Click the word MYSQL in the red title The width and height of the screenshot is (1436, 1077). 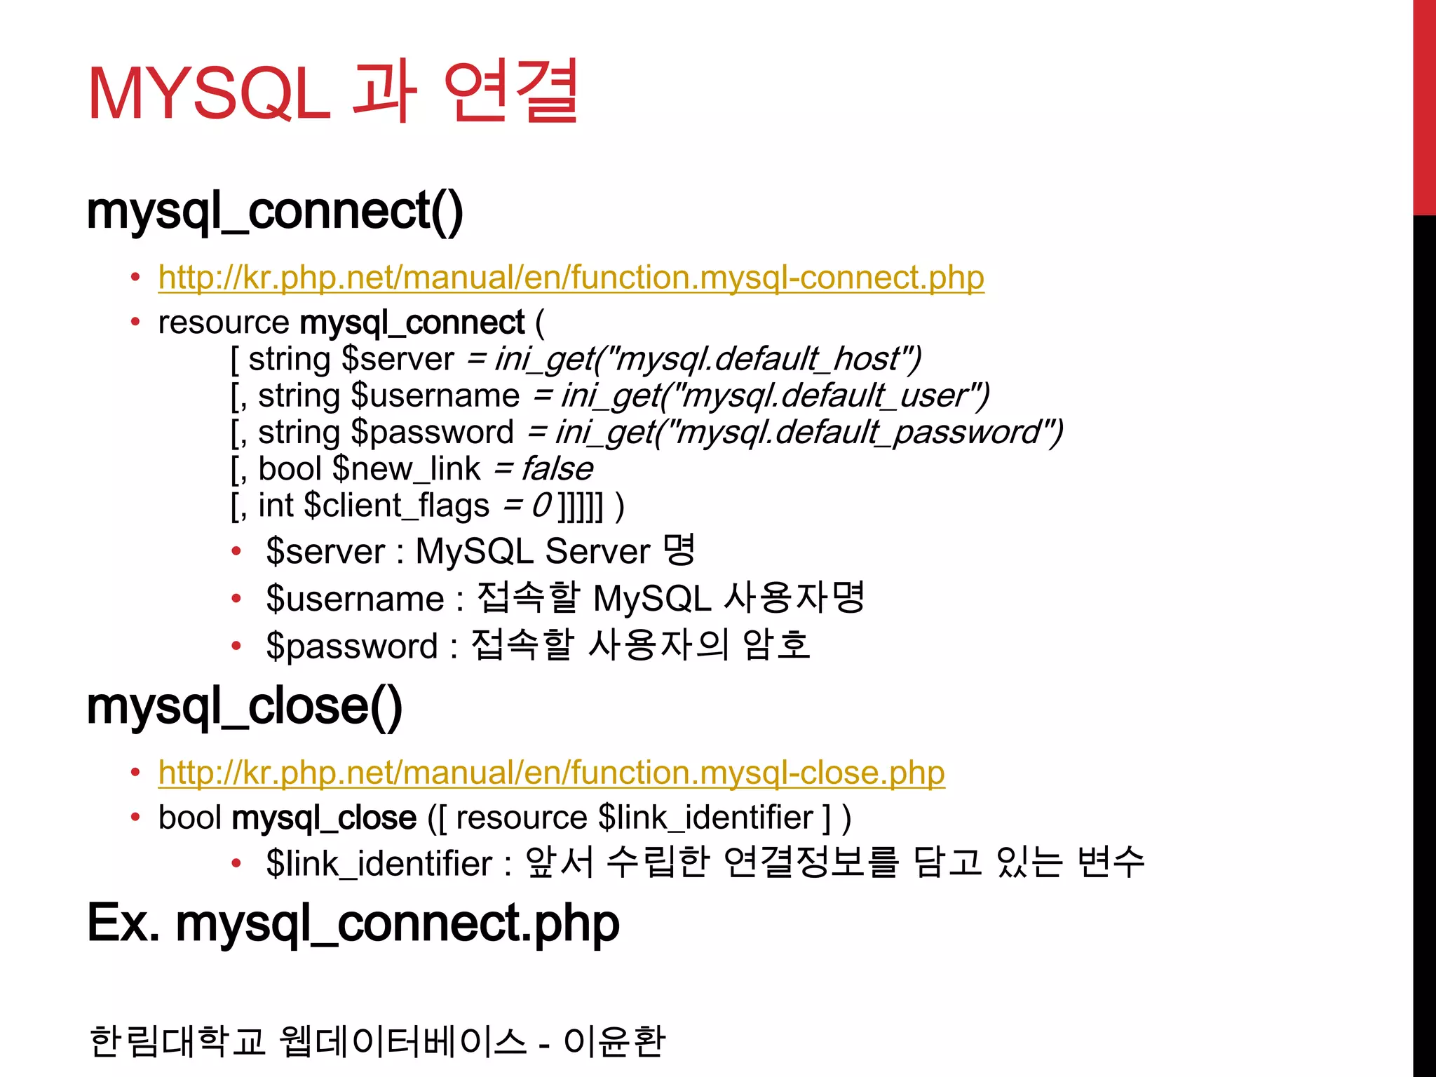pos(209,94)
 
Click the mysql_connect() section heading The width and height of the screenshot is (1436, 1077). pos(275,211)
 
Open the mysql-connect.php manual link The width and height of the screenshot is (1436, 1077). pos(571,278)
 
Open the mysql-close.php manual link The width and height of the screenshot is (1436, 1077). pos(551,773)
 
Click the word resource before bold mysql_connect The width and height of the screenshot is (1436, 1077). pos(224,323)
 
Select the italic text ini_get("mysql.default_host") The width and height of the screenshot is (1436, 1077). pos(707,360)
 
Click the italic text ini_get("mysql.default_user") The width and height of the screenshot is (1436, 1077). pos(775,396)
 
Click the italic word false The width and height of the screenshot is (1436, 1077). pos(557,469)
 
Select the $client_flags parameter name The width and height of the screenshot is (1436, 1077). pos(397,506)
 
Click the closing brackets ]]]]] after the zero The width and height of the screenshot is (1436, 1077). pos(580,506)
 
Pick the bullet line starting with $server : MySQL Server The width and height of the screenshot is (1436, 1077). pos(480,551)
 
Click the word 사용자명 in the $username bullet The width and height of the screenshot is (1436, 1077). pos(794,598)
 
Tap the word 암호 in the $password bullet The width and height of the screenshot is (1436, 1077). pos(776,645)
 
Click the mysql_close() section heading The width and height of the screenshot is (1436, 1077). pos(245,706)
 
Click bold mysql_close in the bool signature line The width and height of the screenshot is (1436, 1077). pos(324,818)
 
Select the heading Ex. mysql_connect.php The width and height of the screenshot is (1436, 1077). pos(353,923)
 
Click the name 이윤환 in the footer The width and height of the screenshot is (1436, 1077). pos(614,1041)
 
